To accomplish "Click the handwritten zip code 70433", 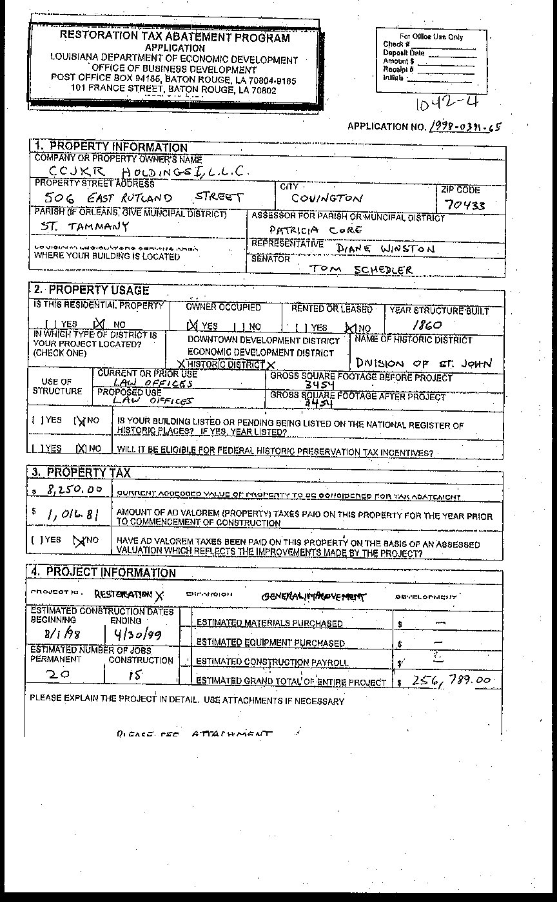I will click(465, 206).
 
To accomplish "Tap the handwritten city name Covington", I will click(327, 199).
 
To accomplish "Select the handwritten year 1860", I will click(427, 325).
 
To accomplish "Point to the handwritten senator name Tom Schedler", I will click(361, 269).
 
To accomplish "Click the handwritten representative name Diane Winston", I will click(386, 248).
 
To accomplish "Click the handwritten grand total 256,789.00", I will click(451, 680).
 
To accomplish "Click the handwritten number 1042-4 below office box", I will click(447, 103).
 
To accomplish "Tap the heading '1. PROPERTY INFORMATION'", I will click(110, 147).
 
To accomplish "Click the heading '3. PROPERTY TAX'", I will click(81, 472).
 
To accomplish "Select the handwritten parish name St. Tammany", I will click(84, 227).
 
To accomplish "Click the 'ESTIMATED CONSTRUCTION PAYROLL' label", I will click(272, 662).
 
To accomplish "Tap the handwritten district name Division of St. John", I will click(423, 363).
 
